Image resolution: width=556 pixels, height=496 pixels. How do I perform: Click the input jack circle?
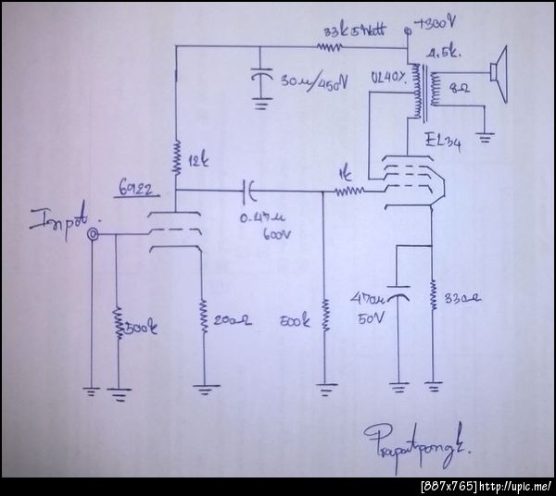[x=93, y=236]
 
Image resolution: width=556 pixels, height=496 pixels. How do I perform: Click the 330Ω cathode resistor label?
[x=462, y=299]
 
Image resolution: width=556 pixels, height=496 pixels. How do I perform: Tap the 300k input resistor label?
[x=138, y=326]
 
